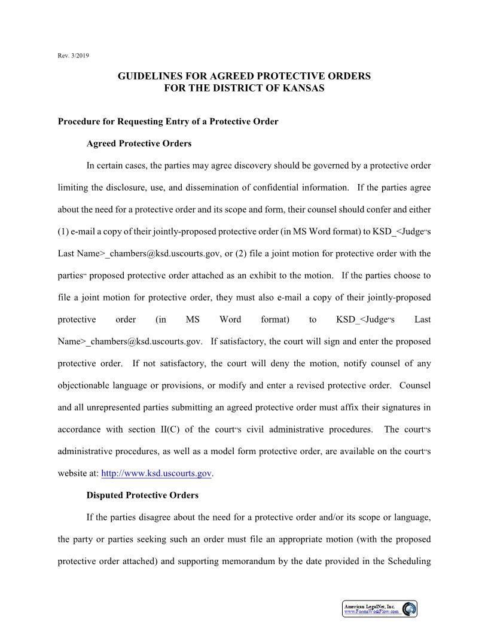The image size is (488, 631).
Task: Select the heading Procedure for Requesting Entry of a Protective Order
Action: click(x=168, y=122)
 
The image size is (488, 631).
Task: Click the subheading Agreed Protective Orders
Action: click(x=139, y=144)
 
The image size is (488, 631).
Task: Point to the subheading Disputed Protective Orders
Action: click(x=142, y=495)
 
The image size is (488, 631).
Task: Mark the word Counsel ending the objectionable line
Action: click(x=414, y=385)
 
